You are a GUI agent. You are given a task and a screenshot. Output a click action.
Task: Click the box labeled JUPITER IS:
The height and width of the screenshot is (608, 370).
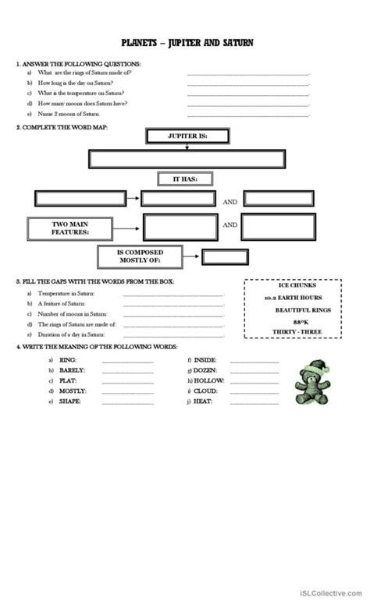tap(187, 136)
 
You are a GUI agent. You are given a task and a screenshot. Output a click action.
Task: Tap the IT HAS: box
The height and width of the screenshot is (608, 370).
tap(186, 180)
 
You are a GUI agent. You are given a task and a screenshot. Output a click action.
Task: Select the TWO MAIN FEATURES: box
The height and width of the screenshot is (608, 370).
tap(69, 228)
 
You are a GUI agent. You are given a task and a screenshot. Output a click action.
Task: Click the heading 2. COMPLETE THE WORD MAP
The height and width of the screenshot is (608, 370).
tap(62, 126)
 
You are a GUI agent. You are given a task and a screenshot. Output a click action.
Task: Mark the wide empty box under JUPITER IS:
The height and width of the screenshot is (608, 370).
tap(187, 159)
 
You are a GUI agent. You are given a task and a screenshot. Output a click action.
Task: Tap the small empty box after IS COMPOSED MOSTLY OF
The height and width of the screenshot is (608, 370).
tap(221, 256)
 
